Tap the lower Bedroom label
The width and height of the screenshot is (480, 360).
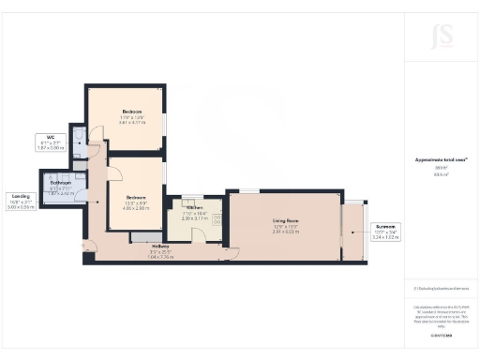[x=137, y=197]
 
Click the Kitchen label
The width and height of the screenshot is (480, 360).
[x=194, y=207]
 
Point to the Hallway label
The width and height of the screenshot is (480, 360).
[x=159, y=247]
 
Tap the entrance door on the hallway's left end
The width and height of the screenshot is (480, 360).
[x=89, y=247]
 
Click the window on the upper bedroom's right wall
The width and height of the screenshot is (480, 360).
[x=166, y=125]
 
